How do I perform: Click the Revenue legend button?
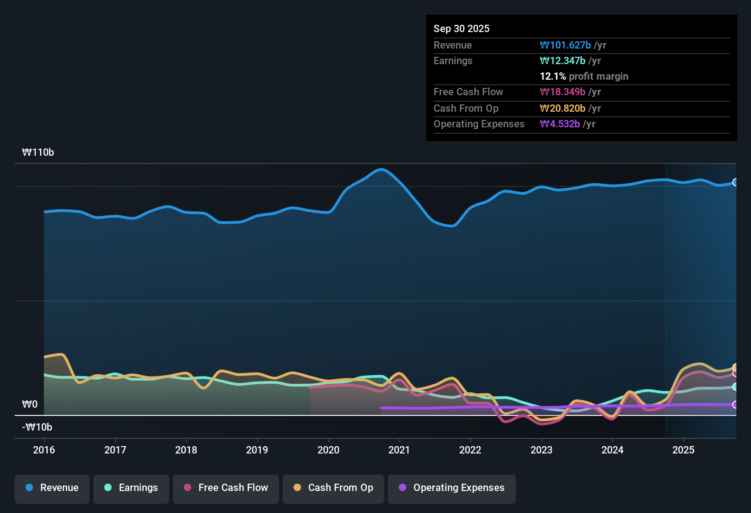pyautogui.click(x=52, y=488)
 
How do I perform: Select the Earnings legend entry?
pyautogui.click(x=131, y=488)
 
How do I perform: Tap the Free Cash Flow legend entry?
pyautogui.click(x=226, y=488)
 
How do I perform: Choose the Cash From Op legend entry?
pyautogui.click(x=333, y=488)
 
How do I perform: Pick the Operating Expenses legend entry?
pyautogui.click(x=451, y=488)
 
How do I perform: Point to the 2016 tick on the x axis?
pyautogui.click(x=44, y=450)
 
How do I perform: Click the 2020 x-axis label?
pyautogui.click(x=328, y=450)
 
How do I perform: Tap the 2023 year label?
pyautogui.click(x=542, y=450)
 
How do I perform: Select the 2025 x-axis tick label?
pyautogui.click(x=683, y=450)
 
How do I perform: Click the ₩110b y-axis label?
pyautogui.click(x=38, y=153)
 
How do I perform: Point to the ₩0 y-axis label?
pyautogui.click(x=30, y=404)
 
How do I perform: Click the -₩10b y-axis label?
pyautogui.click(x=37, y=427)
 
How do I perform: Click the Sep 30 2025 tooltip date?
pyautogui.click(x=461, y=28)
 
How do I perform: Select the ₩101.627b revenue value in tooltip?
pyautogui.click(x=565, y=45)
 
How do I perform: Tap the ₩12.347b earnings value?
pyautogui.click(x=563, y=60)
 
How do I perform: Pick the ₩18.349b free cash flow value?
pyautogui.click(x=563, y=92)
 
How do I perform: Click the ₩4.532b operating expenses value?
pyautogui.click(x=560, y=124)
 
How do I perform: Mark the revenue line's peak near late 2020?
pyautogui.click(x=381, y=169)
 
